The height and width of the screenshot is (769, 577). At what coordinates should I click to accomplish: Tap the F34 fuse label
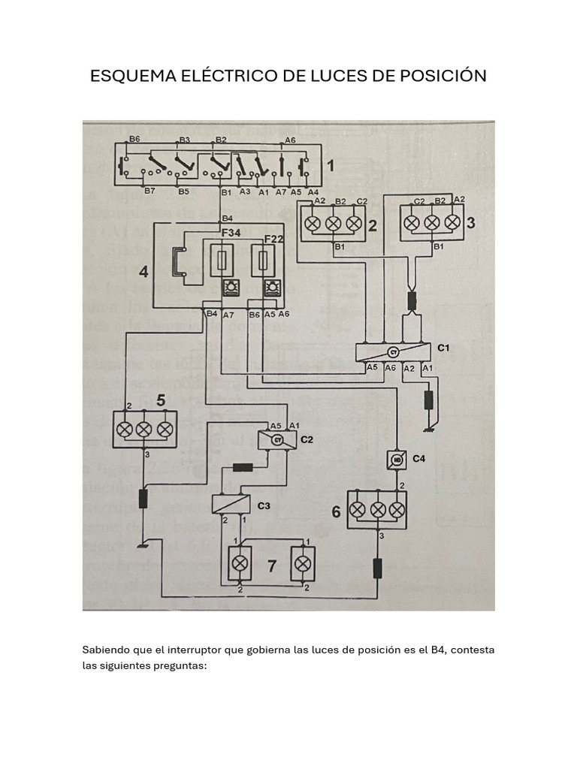click(x=231, y=234)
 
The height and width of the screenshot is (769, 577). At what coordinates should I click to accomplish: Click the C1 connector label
click(x=443, y=348)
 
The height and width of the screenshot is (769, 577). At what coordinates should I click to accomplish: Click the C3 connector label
click(x=264, y=505)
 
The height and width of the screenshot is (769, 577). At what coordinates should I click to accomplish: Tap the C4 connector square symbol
click(x=395, y=459)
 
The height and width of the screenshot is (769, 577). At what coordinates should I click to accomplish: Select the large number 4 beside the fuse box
click(x=143, y=272)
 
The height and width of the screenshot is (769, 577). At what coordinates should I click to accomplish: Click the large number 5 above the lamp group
click(x=161, y=402)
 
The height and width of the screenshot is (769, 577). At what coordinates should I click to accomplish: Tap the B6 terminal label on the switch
click(x=134, y=140)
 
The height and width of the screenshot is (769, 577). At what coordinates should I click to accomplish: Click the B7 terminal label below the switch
click(x=150, y=191)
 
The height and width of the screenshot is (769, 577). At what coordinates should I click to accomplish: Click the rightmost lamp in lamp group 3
click(x=452, y=223)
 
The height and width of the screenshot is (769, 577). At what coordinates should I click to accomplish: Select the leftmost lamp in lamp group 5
click(x=125, y=430)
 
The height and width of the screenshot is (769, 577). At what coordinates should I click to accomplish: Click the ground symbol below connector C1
click(x=429, y=429)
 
